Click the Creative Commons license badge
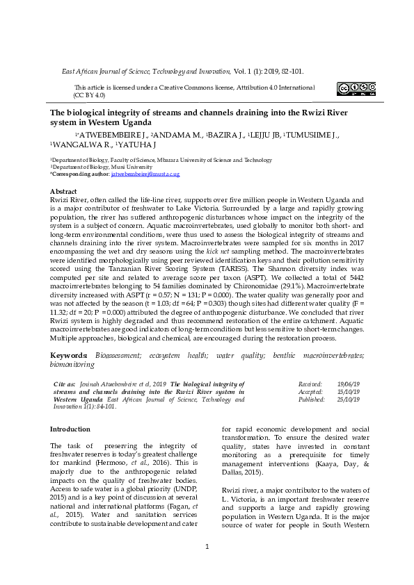point(356,88)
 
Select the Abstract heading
point(63,190)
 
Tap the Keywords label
point(70,355)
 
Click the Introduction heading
point(70,430)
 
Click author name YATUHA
point(137,145)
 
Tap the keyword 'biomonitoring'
point(74,364)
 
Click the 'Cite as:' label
point(65,384)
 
